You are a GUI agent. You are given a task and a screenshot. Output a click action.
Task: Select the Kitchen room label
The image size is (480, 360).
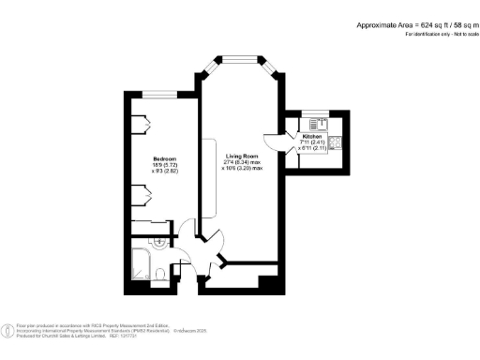pyautogui.click(x=312, y=136)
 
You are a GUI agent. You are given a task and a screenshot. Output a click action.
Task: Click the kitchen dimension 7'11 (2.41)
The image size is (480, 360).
pyautogui.click(x=312, y=142)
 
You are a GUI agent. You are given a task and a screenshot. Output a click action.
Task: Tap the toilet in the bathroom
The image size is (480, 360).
pyautogui.click(x=162, y=273)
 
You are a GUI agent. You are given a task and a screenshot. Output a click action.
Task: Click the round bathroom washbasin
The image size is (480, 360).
pyautogui.click(x=160, y=243)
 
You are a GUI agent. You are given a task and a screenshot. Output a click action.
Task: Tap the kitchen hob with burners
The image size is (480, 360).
pyautogui.click(x=337, y=142)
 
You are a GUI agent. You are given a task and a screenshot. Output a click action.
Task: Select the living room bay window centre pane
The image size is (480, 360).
pyautogui.click(x=241, y=59)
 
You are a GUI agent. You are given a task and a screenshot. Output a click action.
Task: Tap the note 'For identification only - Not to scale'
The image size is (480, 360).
pyautogui.click(x=435, y=34)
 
